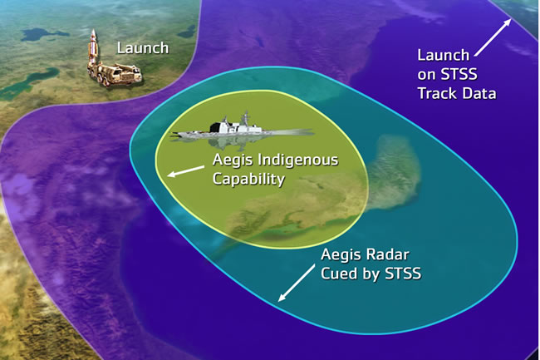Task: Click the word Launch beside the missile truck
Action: pos(142,48)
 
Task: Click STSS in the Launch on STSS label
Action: pos(477,75)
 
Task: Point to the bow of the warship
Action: pos(307,131)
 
